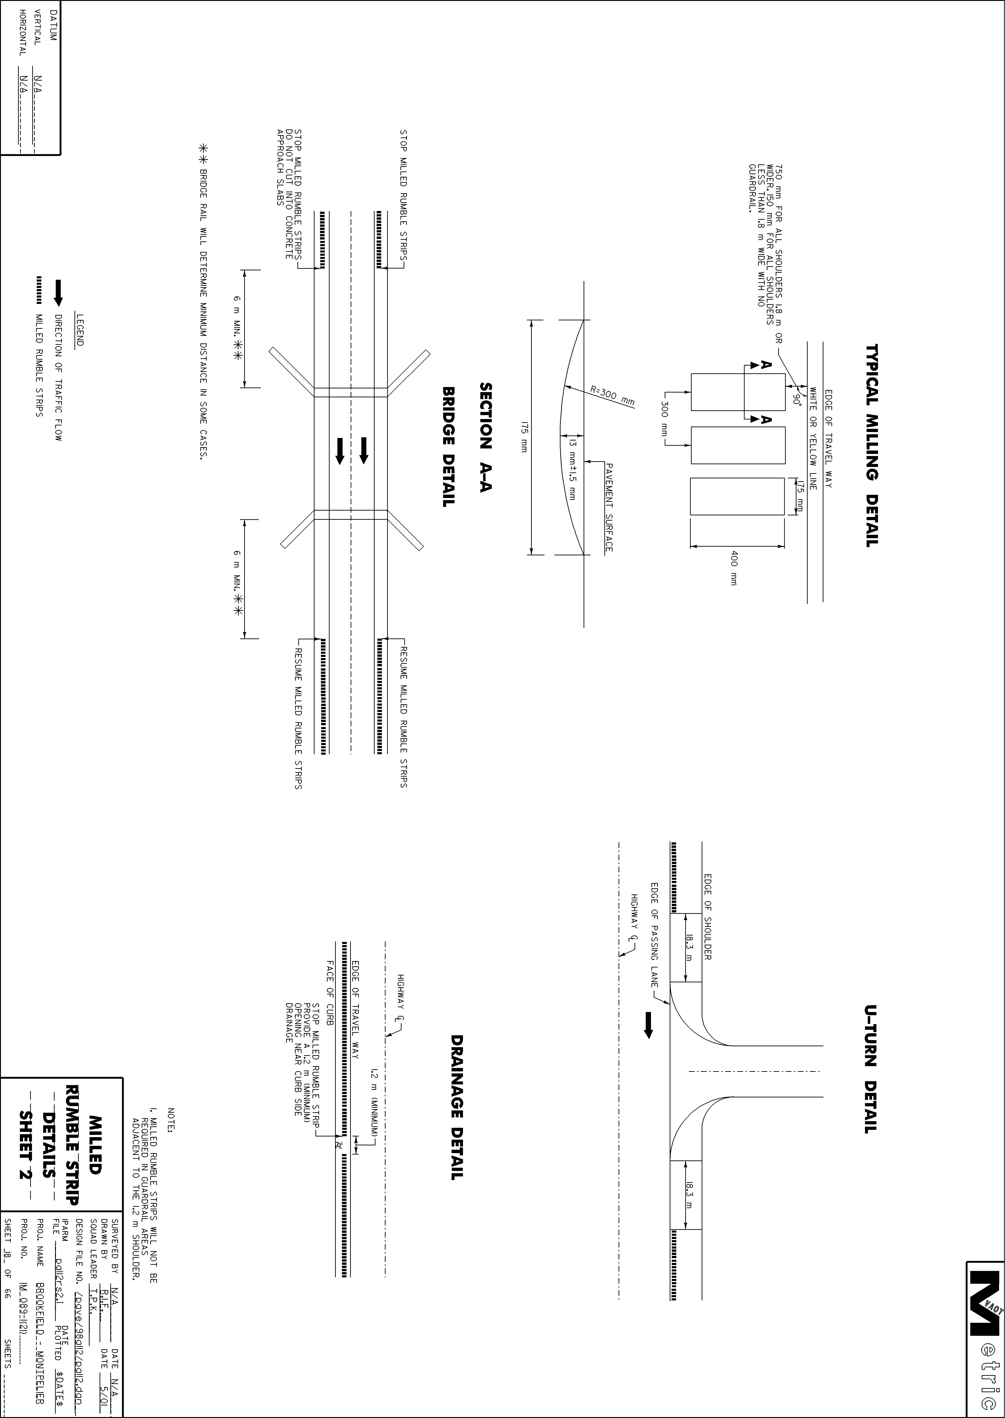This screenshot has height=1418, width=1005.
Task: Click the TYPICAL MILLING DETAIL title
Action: [x=871, y=445]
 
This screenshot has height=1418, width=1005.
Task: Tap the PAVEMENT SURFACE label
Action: [x=609, y=507]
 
